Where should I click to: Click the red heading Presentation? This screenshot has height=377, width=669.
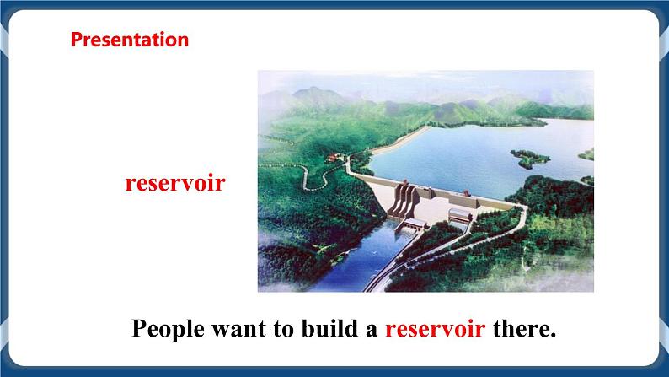[129, 39]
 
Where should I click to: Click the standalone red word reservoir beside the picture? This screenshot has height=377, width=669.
[174, 183]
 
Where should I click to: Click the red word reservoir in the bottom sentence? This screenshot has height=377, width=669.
[435, 329]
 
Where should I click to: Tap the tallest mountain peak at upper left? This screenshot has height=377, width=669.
[313, 92]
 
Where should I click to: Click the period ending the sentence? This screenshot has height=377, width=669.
[554, 335]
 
